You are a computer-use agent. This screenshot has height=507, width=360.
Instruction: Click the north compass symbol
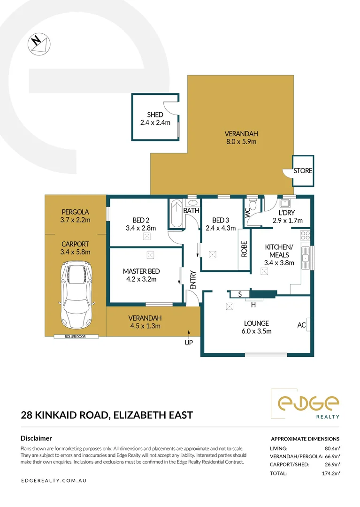(39, 44)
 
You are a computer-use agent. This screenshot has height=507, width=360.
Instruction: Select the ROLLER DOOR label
(75, 337)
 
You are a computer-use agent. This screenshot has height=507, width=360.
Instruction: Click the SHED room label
(155, 115)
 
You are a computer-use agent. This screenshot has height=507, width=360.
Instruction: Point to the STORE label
(303, 171)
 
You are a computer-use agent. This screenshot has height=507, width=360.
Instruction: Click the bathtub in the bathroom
(176, 214)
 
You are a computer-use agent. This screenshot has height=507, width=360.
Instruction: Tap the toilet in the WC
(253, 204)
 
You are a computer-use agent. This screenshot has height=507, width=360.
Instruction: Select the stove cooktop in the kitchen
(305, 235)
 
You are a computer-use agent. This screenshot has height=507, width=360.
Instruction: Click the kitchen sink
(306, 258)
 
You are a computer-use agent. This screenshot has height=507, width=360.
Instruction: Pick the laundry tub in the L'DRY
(285, 203)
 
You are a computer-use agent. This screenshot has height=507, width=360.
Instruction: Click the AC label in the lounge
(301, 325)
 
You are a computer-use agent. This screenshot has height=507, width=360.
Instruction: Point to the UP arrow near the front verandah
(189, 334)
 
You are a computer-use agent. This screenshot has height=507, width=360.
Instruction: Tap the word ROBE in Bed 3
(245, 249)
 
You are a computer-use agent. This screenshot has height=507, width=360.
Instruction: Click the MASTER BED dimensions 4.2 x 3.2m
(141, 279)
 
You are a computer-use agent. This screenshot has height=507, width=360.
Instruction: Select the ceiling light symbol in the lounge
(230, 306)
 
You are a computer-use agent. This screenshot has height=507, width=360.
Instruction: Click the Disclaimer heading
(36, 438)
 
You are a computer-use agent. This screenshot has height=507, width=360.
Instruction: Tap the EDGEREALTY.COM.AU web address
(54, 481)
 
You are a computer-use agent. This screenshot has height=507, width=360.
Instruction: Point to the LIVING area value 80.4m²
(332, 448)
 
